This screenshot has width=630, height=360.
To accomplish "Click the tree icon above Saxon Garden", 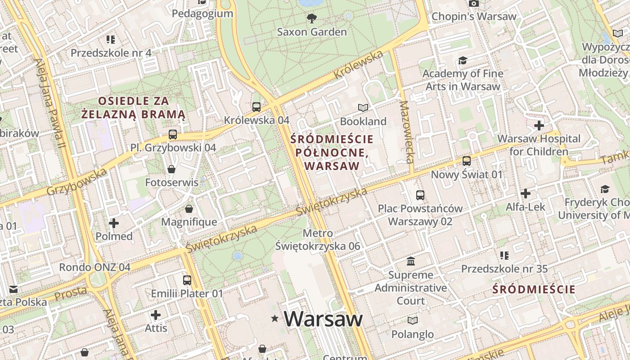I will point(311,18).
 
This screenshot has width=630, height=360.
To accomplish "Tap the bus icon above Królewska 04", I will point(256,107).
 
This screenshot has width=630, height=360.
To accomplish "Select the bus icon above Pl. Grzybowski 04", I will point(173,134).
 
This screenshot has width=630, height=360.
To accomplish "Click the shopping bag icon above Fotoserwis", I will point(171,169).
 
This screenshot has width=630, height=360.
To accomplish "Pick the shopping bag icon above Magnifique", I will point(189,209).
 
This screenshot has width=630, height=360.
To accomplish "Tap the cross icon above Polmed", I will point(114,223).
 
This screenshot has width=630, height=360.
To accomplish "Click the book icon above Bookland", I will point(363,108).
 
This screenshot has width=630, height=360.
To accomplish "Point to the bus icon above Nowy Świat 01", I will point(467,161).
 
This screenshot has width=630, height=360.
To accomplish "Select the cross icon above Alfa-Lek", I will point(525,193).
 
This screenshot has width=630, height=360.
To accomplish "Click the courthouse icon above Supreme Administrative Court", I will point(411,261).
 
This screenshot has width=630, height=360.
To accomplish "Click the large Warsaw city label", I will point(323,319).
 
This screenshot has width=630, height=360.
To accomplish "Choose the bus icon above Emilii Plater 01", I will point(187,280).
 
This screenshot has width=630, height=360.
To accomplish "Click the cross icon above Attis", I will point(156,315).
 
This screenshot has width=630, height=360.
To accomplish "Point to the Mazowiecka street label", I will point(406,132).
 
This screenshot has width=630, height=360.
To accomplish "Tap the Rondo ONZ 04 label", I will point(95,267).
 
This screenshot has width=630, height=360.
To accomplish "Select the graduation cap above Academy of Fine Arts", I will point(463,60).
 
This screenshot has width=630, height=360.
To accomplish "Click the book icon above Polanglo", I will point(413,320).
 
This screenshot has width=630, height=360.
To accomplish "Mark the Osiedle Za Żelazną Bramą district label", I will point(133,108).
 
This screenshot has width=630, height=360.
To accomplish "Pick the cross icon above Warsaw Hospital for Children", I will point(539,125).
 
